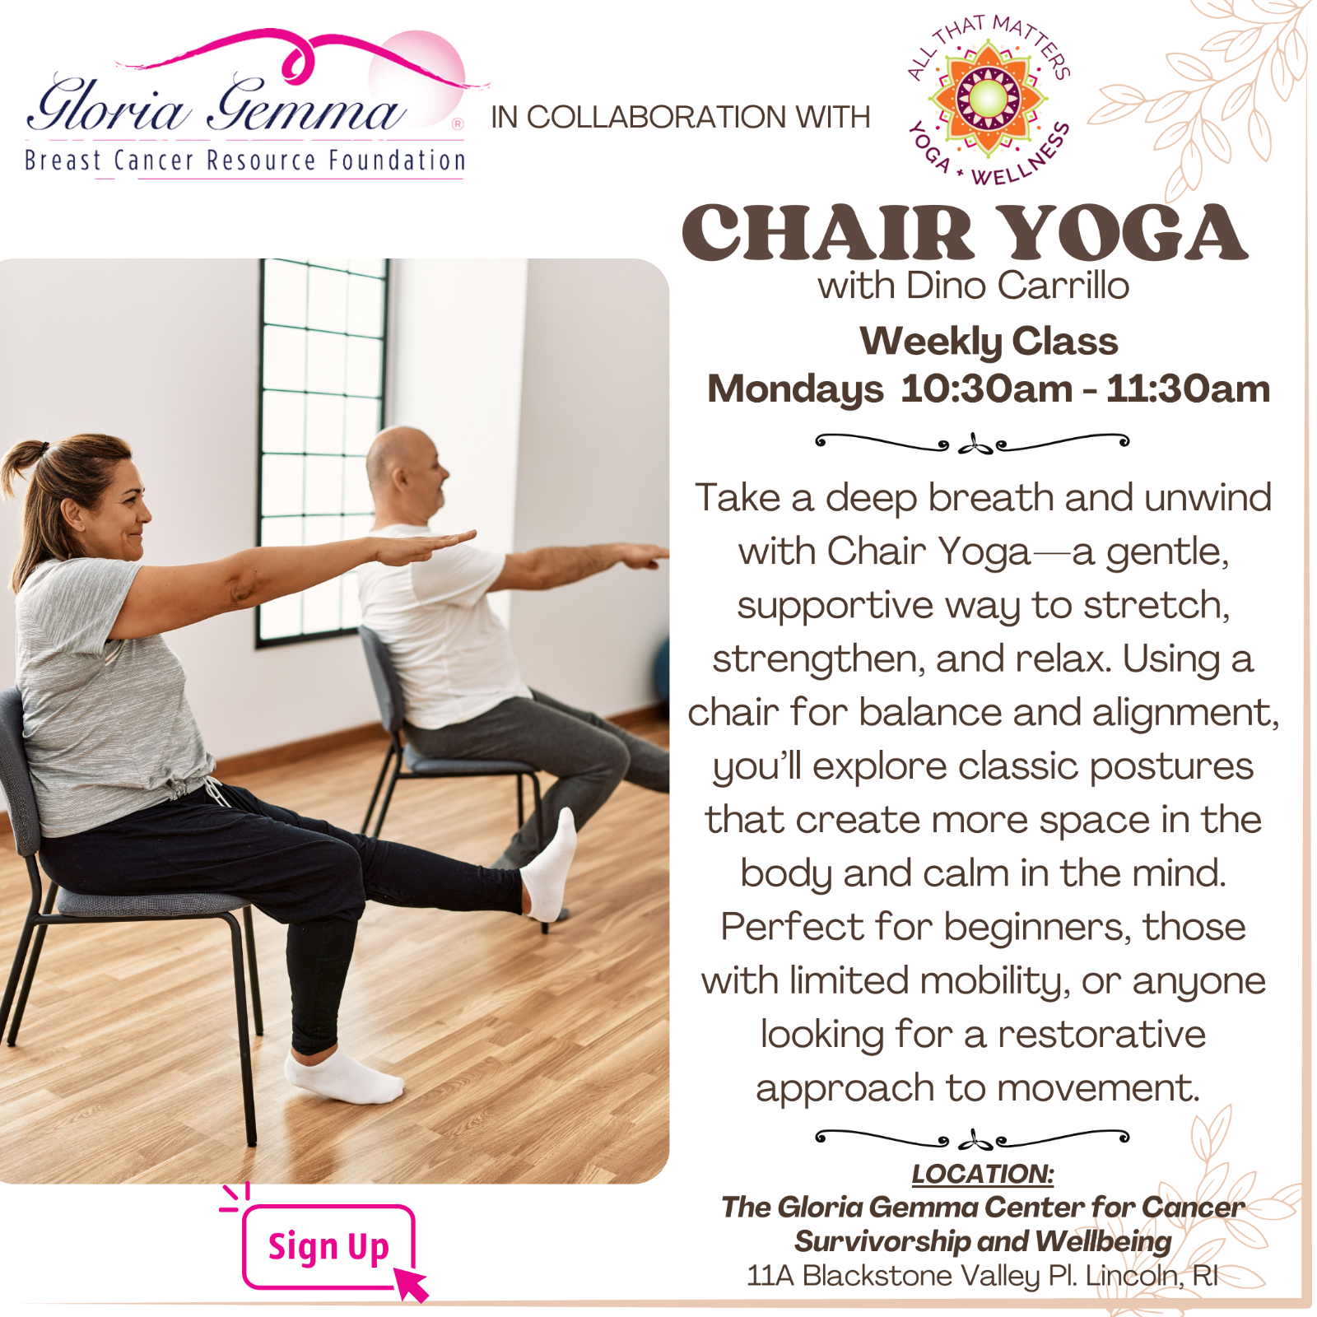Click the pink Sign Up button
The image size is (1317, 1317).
(328, 1246)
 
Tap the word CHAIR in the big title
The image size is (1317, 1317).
(828, 233)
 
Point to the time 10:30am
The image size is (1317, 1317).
(987, 389)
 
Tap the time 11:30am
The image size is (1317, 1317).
(1188, 389)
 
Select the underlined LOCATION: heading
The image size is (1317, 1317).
(982, 1174)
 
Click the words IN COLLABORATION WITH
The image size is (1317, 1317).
(680, 118)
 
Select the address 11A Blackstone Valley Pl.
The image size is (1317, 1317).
(906, 1276)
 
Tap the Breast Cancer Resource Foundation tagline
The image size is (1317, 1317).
(244, 160)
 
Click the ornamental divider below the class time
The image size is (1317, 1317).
(972, 444)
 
